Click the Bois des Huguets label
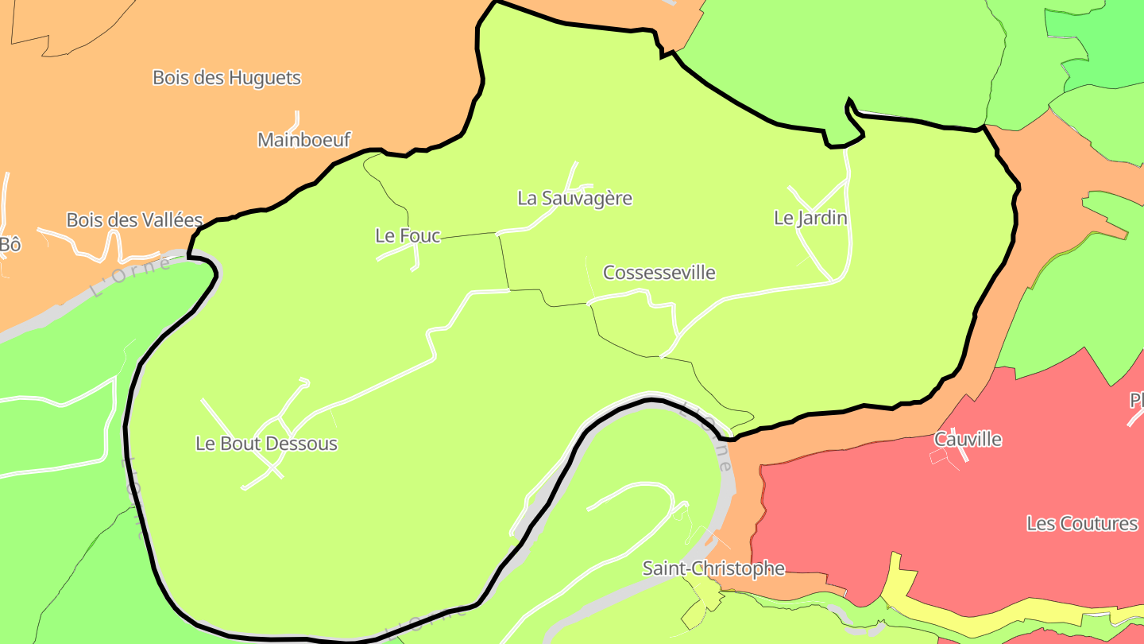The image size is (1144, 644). [226, 78]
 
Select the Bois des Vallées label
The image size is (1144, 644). [134, 220]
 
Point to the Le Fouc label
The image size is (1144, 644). [408, 235]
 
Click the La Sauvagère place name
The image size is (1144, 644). [574, 198]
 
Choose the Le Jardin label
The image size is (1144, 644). [810, 218]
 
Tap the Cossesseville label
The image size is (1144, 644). [659, 273]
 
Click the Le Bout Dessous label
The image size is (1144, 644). [266, 444]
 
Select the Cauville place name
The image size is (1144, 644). [968, 440]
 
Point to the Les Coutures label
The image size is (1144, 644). [1082, 524]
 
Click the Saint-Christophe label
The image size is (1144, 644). [713, 568]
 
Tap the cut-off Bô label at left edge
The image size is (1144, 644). [10, 245]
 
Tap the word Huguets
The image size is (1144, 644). [264, 78]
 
